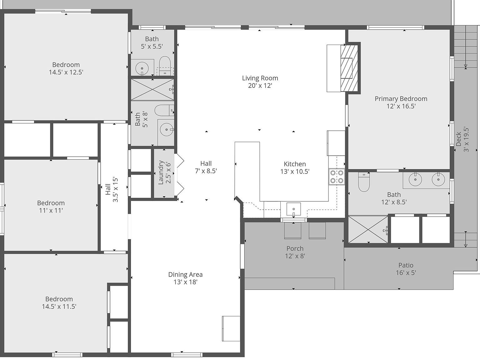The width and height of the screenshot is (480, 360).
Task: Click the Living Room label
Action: [x=260, y=78]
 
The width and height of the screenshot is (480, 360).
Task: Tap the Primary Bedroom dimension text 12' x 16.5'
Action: [x=401, y=106]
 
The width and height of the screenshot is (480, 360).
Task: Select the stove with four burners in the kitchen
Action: [x=337, y=177]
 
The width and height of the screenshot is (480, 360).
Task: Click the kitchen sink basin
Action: [x=294, y=209]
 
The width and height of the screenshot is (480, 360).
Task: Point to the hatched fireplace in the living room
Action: [x=349, y=68]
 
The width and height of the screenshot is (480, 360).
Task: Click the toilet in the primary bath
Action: [x=364, y=182]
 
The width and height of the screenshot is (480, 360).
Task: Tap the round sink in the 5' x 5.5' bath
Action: [x=142, y=68]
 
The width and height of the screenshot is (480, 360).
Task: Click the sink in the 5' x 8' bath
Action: [x=167, y=130]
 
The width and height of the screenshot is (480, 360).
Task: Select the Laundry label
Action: [x=161, y=172]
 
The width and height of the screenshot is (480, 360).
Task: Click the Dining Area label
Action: [x=185, y=274]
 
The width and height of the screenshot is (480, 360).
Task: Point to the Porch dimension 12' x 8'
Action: [x=295, y=256]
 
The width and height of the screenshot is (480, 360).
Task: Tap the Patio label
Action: [x=406, y=265]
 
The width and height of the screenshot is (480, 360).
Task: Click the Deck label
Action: [x=458, y=139]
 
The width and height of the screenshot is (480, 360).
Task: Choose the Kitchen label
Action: [x=295, y=164]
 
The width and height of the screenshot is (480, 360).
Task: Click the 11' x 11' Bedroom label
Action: [x=51, y=203]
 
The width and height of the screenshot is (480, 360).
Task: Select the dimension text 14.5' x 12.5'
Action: [x=66, y=72]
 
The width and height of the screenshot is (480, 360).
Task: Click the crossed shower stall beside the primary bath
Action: [x=368, y=229]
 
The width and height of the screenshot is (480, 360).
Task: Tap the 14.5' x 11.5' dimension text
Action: [x=59, y=307]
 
